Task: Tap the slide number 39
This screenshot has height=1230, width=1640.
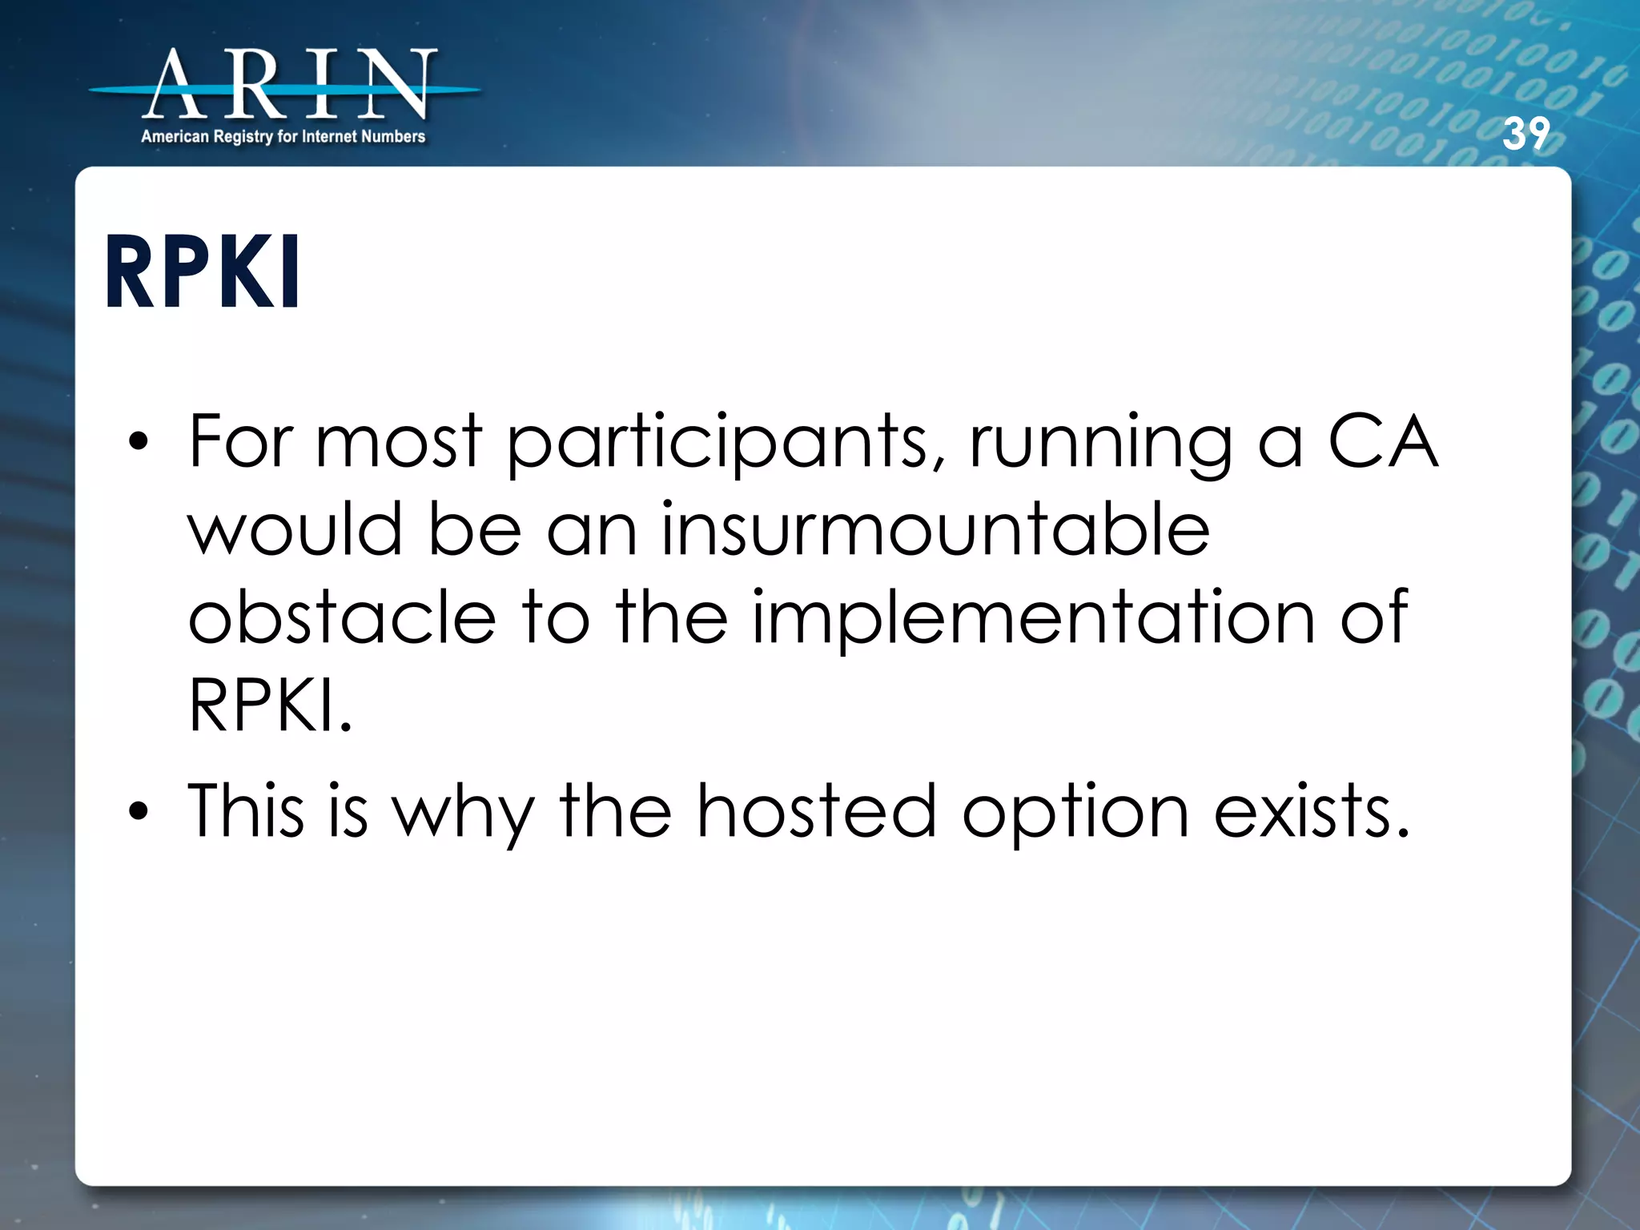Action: pos(1525,134)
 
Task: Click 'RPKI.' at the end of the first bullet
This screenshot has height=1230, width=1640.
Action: pos(270,705)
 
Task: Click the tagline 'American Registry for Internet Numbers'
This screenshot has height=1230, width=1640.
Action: pos(283,137)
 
